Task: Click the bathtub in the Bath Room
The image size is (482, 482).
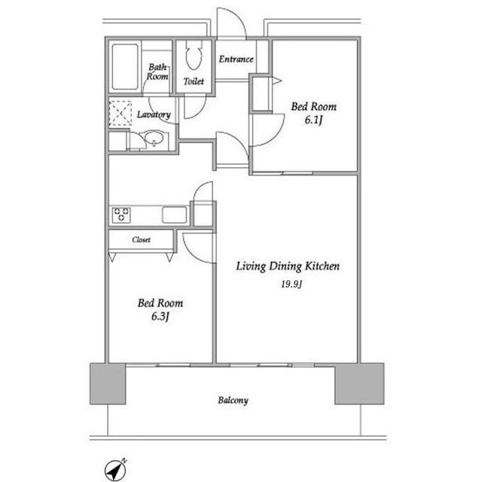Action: pyautogui.click(x=125, y=67)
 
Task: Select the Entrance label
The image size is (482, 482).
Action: pyautogui.click(x=236, y=59)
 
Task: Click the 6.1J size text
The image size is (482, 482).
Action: pyautogui.click(x=313, y=120)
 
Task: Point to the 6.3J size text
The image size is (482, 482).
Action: pyautogui.click(x=160, y=316)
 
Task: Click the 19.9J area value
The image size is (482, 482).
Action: pyautogui.click(x=291, y=284)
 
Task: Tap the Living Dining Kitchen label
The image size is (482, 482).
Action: pyautogui.click(x=288, y=266)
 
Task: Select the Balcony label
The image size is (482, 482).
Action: pyautogui.click(x=233, y=400)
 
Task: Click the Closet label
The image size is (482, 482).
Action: pyautogui.click(x=141, y=239)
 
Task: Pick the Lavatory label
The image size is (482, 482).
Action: pyautogui.click(x=154, y=114)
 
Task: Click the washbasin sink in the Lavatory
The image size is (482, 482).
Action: pyautogui.click(x=154, y=138)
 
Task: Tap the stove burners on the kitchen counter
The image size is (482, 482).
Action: pyautogui.click(x=121, y=215)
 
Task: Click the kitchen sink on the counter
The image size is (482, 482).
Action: pyautogui.click(x=174, y=215)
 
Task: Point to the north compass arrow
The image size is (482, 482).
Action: pyautogui.click(x=116, y=470)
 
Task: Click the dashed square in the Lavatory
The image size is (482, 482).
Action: pyautogui.click(x=120, y=113)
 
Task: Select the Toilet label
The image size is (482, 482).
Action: pyautogui.click(x=194, y=81)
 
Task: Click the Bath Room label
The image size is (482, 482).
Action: pyautogui.click(x=157, y=72)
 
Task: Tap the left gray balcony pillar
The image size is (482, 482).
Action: pyautogui.click(x=108, y=383)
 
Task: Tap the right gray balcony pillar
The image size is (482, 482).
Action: pyautogui.click(x=359, y=383)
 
